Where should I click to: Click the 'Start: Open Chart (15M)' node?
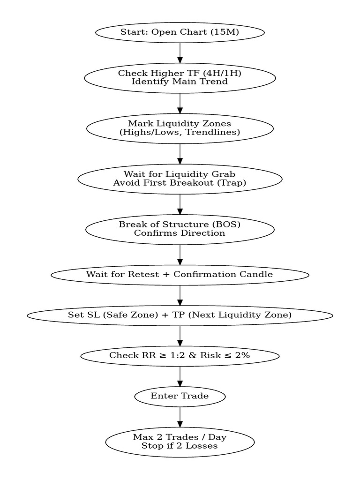180,32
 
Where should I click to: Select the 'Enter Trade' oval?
180,396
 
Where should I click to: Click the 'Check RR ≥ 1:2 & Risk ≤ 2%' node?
180,355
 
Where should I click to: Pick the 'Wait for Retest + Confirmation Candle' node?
180,274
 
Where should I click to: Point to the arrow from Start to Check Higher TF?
180,52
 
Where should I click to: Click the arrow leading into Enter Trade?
180,376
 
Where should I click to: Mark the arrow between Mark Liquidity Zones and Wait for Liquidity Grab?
180,154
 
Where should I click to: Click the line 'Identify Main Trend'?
180,82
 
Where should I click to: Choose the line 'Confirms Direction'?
180,233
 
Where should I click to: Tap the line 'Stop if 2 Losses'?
180,446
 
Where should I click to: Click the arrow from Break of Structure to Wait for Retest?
180,255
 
